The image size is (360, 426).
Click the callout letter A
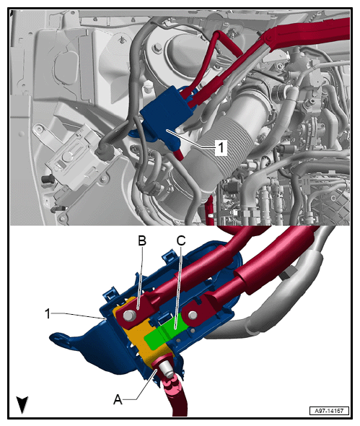[x=118, y=399]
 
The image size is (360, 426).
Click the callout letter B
[x=142, y=240]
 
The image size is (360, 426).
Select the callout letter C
[x=181, y=240]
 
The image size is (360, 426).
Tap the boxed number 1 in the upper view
[x=221, y=147]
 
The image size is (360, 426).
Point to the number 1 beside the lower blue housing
[x=48, y=313]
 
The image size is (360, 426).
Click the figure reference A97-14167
[x=329, y=411]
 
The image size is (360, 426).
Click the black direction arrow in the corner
[x=22, y=404]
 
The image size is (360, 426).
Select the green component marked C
[x=166, y=332]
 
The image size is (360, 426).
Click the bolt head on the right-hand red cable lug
[x=193, y=316]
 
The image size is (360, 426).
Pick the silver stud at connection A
[x=166, y=370]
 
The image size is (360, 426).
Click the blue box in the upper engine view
[x=164, y=113]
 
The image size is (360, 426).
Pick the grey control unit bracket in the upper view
[x=74, y=160]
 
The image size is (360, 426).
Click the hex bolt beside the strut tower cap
[x=157, y=48]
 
